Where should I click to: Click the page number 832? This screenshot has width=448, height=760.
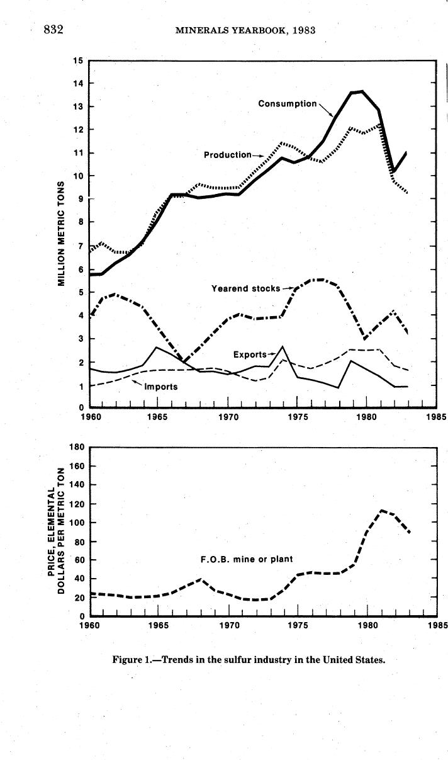54,29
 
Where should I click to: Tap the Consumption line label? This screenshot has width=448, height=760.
288,103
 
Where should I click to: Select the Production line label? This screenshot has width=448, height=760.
227,154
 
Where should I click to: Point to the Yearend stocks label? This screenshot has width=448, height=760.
245,288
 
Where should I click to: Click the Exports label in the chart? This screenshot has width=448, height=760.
250,354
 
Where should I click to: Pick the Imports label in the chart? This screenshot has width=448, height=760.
161,386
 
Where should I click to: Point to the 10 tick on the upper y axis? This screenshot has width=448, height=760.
79,176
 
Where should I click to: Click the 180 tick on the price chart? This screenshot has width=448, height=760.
77,447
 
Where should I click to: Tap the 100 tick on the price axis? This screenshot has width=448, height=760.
77,523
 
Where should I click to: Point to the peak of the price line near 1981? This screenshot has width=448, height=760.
382,510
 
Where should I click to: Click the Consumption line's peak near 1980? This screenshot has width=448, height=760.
361,91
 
